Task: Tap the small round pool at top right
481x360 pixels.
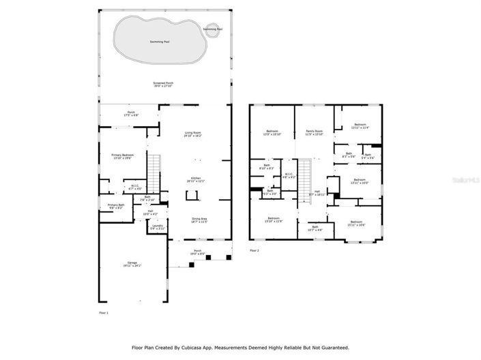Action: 212,29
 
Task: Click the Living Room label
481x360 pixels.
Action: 192,134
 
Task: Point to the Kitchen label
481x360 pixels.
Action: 196,179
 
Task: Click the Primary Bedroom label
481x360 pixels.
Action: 123,155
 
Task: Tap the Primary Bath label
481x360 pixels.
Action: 116,205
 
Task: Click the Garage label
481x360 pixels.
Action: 132,262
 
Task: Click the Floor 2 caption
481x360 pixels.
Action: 254,250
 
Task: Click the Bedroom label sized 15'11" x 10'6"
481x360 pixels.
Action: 358,223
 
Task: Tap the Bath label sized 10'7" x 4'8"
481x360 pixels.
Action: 315,228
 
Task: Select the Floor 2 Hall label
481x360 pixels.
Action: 317,194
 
